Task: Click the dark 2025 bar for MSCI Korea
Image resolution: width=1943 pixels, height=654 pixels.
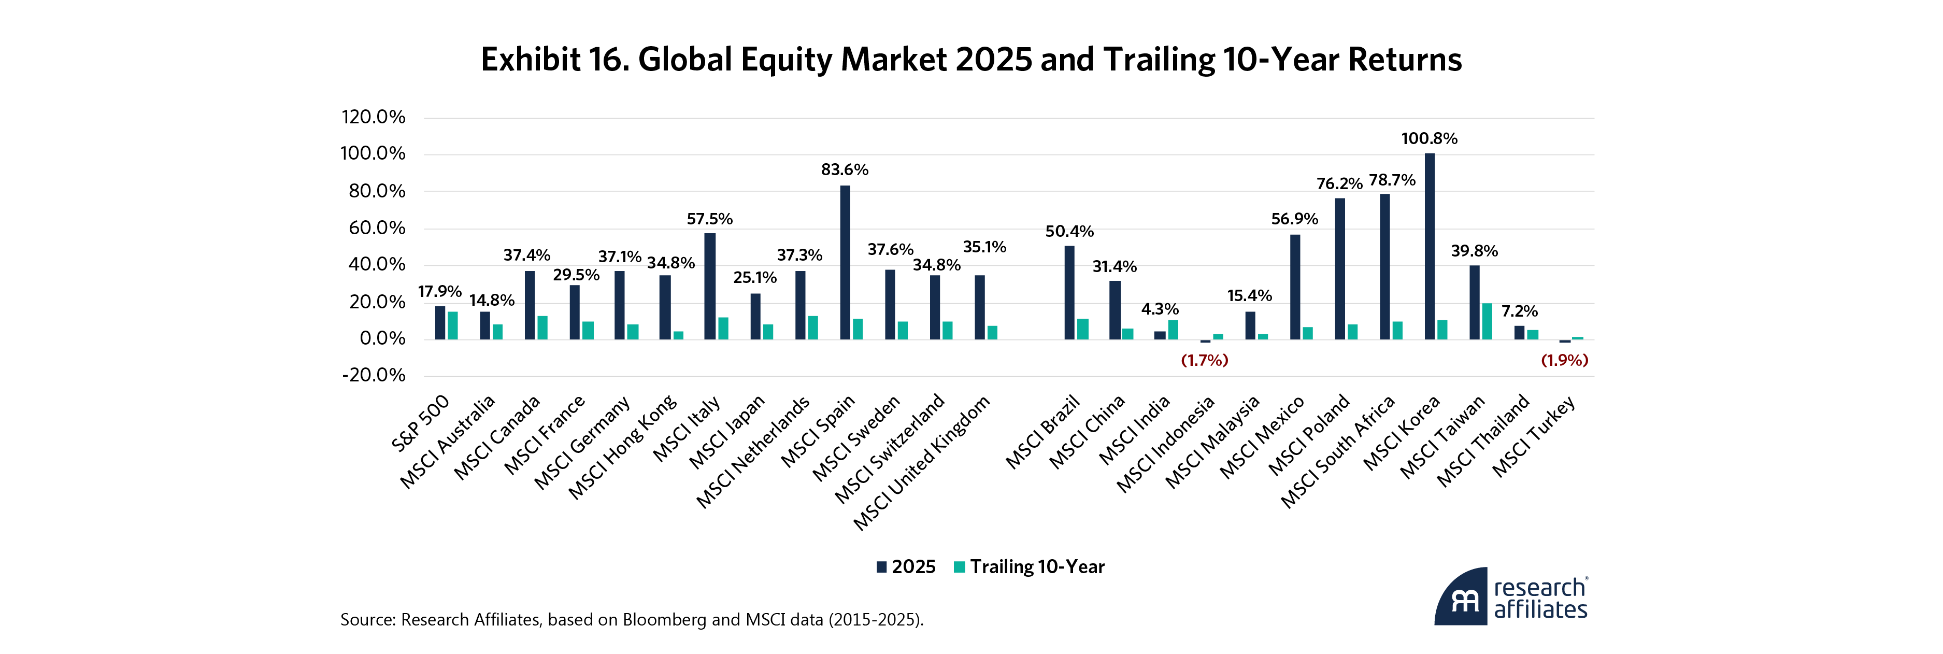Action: [x=1430, y=246]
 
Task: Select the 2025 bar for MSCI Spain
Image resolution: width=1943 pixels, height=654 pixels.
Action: [x=845, y=263]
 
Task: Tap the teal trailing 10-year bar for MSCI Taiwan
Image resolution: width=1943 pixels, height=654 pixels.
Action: [x=1487, y=321]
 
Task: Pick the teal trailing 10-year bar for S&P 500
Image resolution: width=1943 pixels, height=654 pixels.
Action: [x=452, y=326]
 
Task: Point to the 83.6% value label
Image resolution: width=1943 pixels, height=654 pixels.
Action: [x=845, y=170]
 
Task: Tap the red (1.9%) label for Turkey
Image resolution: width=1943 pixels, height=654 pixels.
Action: [x=1564, y=361]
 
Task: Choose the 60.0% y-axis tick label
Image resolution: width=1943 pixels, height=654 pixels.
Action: [x=376, y=228]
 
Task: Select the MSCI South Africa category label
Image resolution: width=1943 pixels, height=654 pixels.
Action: [x=1338, y=451]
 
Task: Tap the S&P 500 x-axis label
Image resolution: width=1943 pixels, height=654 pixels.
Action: [x=420, y=423]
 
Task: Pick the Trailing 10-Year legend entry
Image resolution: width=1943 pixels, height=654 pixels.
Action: [x=1029, y=567]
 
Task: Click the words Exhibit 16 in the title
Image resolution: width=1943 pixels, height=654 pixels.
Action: [x=554, y=60]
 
